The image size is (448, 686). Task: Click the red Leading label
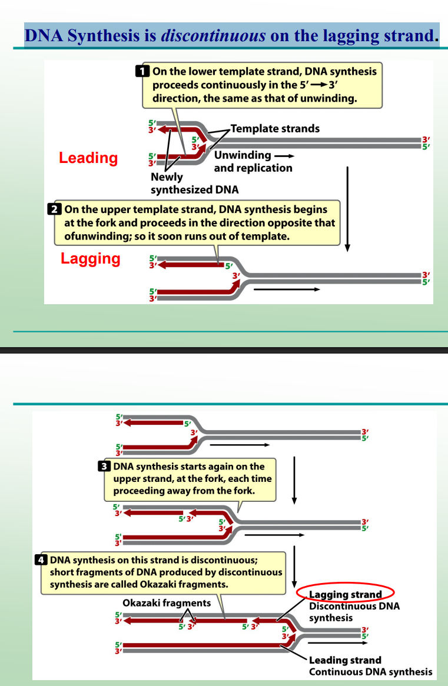tap(88, 158)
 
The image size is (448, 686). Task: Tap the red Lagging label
tap(90, 258)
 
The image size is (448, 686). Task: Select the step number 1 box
tap(142, 72)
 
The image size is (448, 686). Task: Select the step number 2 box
tap(54, 209)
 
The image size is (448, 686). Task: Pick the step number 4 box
tap(41, 560)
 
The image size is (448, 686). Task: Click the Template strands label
tap(275, 128)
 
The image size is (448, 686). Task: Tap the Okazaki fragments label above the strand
tap(167, 603)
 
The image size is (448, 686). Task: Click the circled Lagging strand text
tap(345, 595)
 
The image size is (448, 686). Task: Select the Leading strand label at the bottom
tap(345, 660)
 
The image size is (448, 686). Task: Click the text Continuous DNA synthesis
tap(370, 672)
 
